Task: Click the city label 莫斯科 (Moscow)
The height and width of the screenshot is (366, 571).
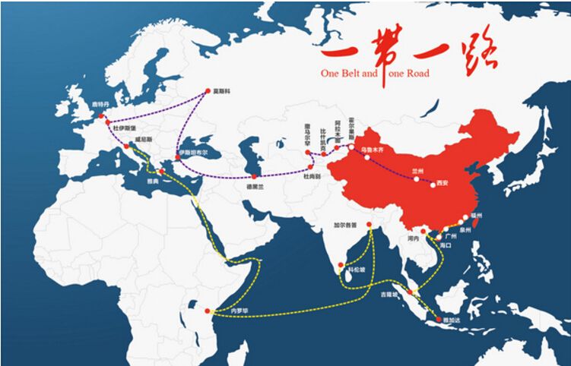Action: (222, 91)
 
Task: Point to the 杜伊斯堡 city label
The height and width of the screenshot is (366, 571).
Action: (123, 129)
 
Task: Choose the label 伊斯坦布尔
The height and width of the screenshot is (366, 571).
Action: (193, 153)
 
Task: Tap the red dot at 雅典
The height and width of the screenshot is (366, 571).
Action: (160, 172)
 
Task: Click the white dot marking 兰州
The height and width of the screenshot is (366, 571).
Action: (416, 180)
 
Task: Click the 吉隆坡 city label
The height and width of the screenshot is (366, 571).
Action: (388, 294)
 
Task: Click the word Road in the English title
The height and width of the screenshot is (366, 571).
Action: (417, 74)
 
